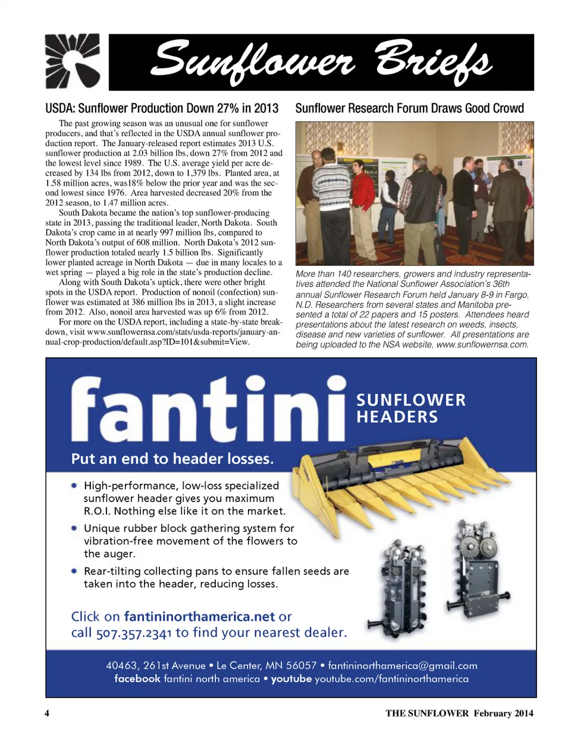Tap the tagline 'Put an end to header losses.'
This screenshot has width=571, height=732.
click(x=173, y=459)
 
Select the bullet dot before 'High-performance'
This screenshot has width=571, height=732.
click(x=74, y=485)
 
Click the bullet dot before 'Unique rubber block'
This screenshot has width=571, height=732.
click(x=74, y=528)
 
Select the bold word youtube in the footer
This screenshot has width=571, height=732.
click(x=291, y=679)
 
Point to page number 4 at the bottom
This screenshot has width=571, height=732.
click(x=47, y=713)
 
